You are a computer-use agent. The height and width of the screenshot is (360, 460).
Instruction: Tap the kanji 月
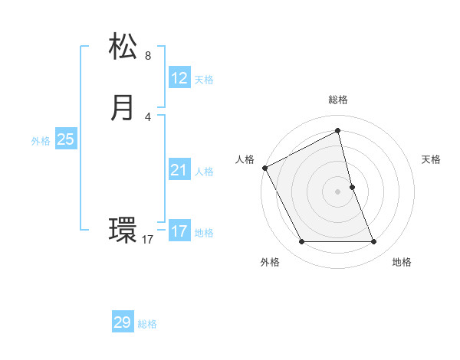click(x=123, y=106)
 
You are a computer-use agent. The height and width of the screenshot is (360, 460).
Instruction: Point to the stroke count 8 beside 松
click(x=148, y=56)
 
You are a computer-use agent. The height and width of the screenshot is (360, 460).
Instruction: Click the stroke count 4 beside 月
click(x=148, y=116)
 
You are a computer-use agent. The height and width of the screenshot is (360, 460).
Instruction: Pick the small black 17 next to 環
click(x=148, y=240)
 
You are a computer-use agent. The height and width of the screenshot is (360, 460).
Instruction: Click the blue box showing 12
click(x=179, y=77)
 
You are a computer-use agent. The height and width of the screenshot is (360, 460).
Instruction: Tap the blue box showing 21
click(x=179, y=169)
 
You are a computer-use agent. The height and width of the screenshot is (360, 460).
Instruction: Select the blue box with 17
click(x=179, y=231)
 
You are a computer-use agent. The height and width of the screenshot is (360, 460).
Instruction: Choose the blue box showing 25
click(x=65, y=139)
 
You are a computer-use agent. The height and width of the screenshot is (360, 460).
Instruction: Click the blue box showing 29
click(x=123, y=322)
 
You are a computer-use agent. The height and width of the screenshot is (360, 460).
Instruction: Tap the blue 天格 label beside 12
click(x=204, y=80)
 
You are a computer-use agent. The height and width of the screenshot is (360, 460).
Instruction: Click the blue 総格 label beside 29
click(x=147, y=325)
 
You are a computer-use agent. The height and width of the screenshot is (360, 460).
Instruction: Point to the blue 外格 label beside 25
click(x=41, y=141)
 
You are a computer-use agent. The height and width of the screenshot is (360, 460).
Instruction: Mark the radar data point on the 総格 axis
click(x=337, y=131)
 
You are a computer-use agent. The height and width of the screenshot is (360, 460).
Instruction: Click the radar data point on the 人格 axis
click(x=264, y=168)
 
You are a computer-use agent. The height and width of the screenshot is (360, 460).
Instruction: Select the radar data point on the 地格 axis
click(x=373, y=242)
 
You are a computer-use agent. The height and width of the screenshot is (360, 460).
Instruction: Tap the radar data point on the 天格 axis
click(x=352, y=187)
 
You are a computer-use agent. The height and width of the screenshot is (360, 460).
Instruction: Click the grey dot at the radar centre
click(x=337, y=191)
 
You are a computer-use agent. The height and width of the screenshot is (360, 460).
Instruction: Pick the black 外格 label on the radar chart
click(x=270, y=262)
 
